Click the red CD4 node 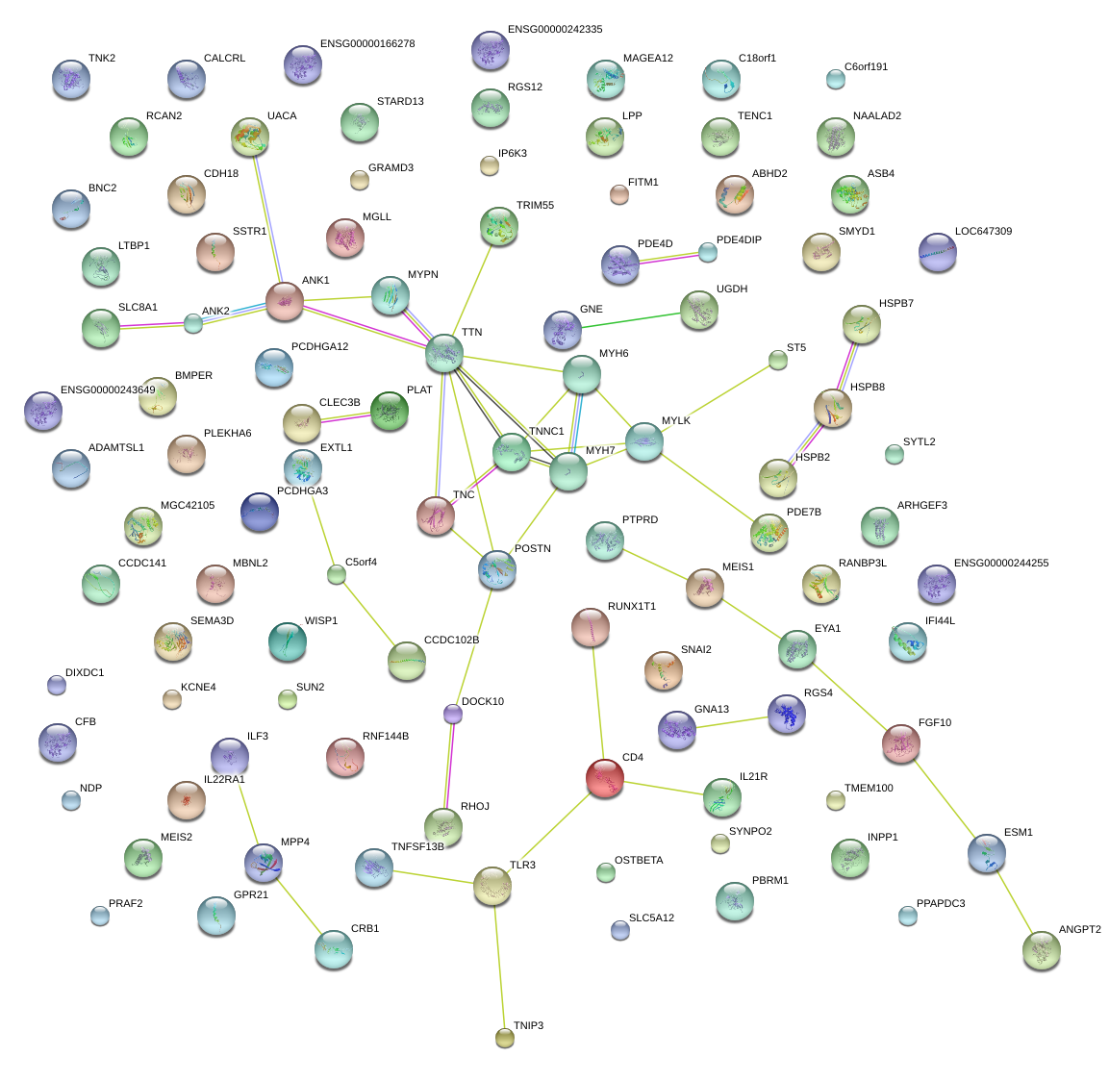pos(605,778)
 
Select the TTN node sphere pos(444,354)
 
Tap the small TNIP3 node pos(505,1037)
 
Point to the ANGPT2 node pos(1041,950)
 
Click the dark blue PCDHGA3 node pos(260,512)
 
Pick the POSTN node pos(497,569)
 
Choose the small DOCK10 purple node pos(453,714)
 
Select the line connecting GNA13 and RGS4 pos(732,722)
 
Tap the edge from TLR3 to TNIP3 pos(499,962)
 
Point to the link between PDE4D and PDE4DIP pos(668,257)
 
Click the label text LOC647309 pos(983,232)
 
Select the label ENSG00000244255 pos(1000,564)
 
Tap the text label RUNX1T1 pos(631,607)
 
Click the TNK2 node pos(71,80)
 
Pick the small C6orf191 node pos(836,80)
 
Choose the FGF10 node pos(901,743)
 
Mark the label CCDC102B pos(451,641)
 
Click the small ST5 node pos(778,361)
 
